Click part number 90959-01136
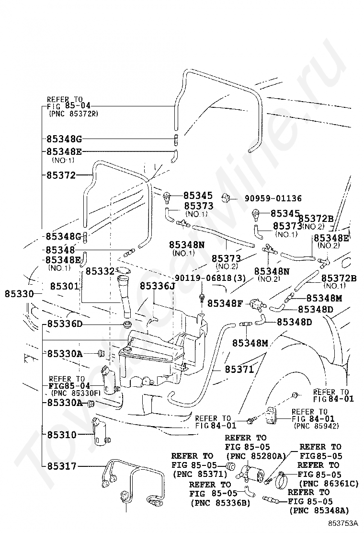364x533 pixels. click(273, 198)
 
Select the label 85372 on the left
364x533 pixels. click(61, 175)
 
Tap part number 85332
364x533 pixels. click(100, 271)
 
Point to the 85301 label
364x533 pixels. click(65, 286)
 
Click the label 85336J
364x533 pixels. click(158, 286)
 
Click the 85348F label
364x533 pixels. click(225, 303)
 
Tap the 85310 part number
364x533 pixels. click(62, 434)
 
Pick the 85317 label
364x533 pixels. click(62, 466)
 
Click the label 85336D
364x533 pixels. click(65, 323)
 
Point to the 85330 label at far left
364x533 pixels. click(19, 294)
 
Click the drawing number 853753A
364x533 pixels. click(343, 522)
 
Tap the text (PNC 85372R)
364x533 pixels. click(73, 114)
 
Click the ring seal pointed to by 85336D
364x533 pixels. click(128, 324)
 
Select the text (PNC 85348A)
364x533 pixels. click(319, 510)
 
